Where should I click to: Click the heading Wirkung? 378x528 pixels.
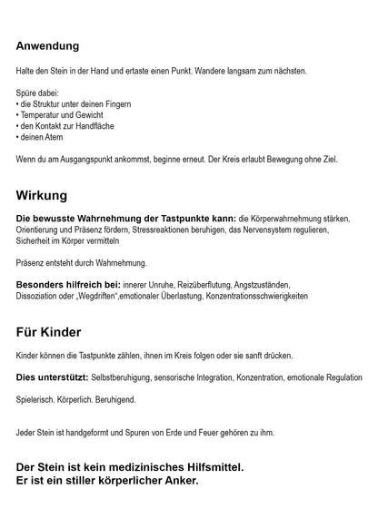coord(42,195)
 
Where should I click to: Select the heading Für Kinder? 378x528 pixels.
coord(55,331)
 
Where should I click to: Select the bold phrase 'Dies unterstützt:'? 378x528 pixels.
coord(51,376)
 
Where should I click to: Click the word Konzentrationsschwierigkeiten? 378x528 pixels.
coord(283,296)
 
